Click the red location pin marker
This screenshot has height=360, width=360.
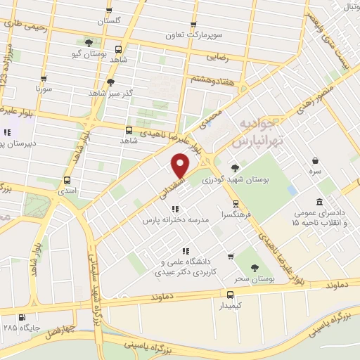click(x=181, y=166)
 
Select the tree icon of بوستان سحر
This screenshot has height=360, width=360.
click(x=255, y=268)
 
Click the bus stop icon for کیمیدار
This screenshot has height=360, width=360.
click(x=231, y=295)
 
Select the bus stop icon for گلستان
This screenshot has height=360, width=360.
click(x=108, y=11)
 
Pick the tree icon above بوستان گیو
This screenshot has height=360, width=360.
click(x=88, y=42)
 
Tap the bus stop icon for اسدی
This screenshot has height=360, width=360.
click(x=67, y=180)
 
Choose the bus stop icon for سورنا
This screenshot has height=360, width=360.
click(x=44, y=79)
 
